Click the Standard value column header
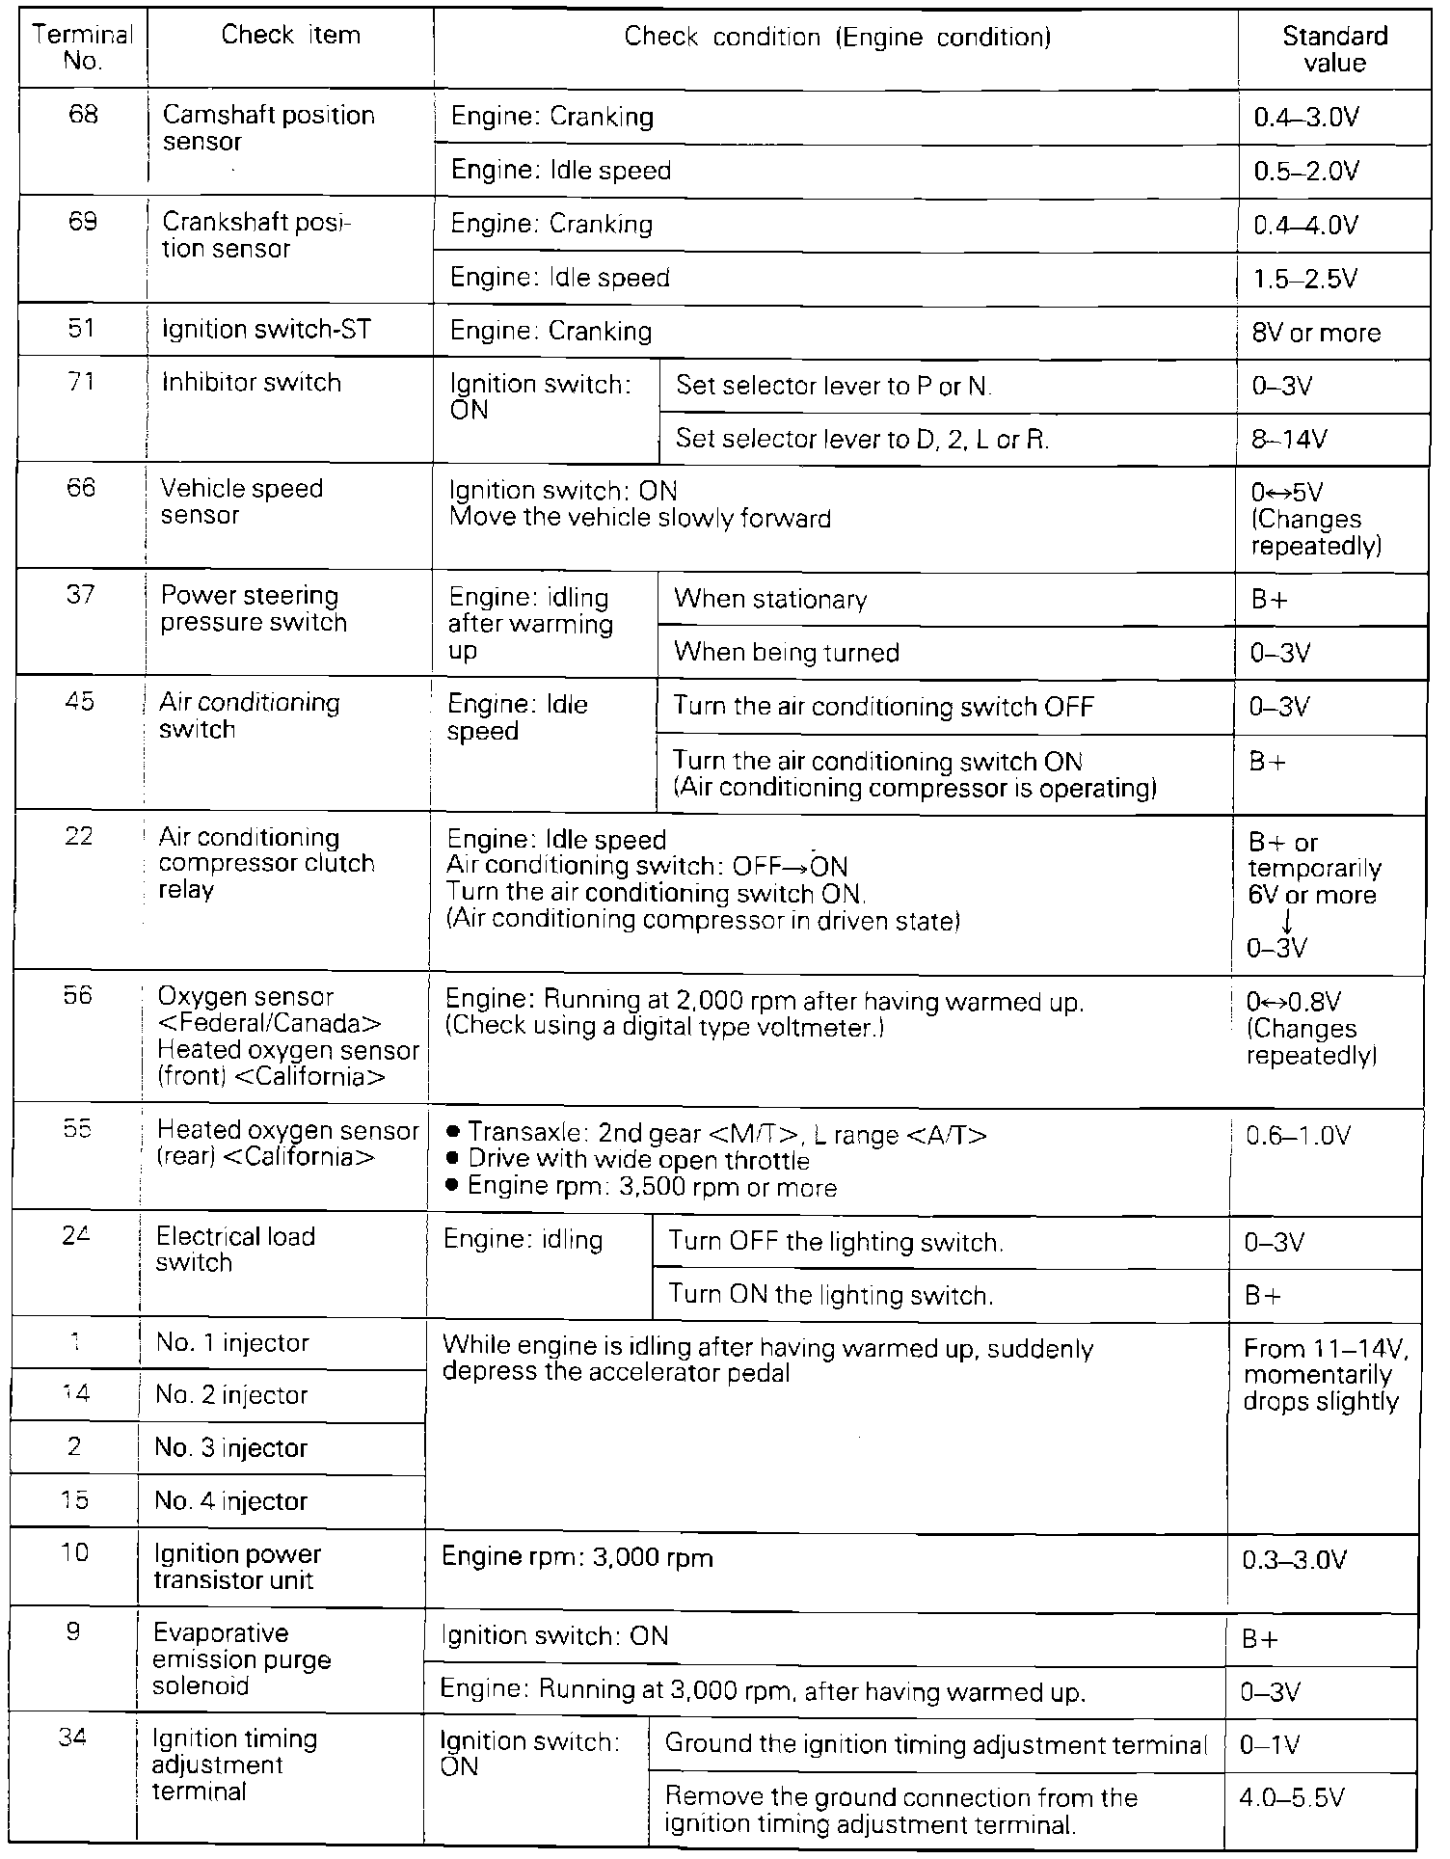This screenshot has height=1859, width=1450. pos(1334,49)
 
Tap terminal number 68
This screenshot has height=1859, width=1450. pos(83,115)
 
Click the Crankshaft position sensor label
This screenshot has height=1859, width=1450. pos(256,234)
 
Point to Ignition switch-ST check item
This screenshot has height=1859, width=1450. pos(267,330)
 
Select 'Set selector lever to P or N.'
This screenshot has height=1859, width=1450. pos(834,387)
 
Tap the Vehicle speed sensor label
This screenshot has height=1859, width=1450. pos(241,501)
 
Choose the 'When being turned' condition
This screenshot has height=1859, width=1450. pos(787,653)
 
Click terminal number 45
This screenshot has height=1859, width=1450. pos(79,701)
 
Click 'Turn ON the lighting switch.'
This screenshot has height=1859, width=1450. pos(830,1295)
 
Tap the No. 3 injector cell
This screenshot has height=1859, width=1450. pos(230,1448)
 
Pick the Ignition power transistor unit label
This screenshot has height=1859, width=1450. pos(237,1567)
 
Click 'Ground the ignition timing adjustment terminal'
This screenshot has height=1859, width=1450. pos(935,1745)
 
